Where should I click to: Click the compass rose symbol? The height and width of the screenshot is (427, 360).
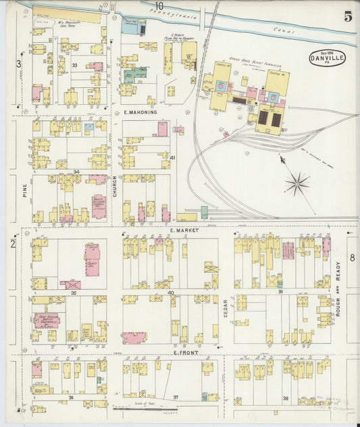click(297, 183)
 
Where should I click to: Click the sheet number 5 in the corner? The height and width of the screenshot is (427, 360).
click(347, 17)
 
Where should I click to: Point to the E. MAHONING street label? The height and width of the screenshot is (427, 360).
click(140, 112)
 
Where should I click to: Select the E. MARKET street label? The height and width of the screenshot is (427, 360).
click(182, 230)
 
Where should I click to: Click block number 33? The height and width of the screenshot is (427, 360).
click(75, 66)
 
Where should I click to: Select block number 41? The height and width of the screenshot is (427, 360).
click(173, 157)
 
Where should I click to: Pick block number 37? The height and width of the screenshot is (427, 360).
click(176, 397)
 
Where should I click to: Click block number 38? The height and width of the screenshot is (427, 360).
click(285, 398)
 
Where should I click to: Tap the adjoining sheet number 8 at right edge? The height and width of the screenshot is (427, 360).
click(352, 257)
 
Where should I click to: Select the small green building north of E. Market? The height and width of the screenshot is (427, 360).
click(204, 212)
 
